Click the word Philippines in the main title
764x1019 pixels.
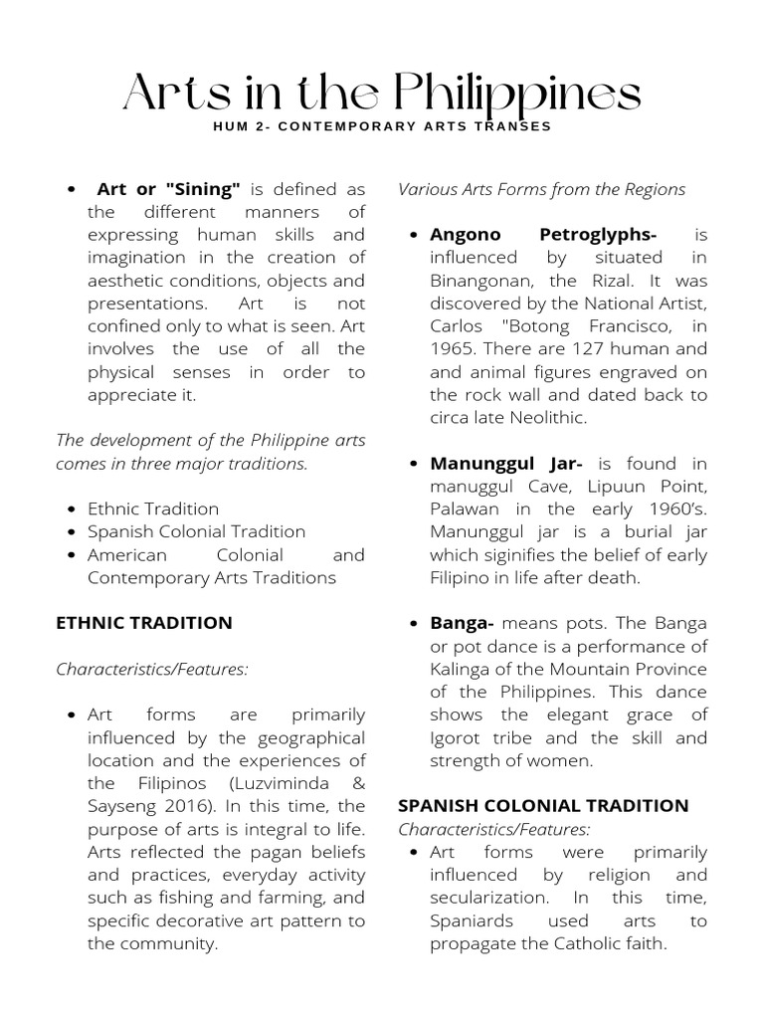coord(517,96)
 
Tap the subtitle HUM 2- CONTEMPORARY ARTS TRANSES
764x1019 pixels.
coord(382,127)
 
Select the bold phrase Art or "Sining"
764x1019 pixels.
coord(168,189)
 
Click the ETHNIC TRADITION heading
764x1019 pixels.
coord(144,623)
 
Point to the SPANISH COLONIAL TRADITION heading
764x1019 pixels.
coord(543,806)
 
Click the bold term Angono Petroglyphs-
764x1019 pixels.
coord(542,235)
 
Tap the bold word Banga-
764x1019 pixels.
coord(462,624)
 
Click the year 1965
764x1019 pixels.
coord(453,349)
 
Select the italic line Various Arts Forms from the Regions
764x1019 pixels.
coord(541,189)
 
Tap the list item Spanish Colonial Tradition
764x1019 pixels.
coord(196,531)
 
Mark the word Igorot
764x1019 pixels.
coord(456,738)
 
